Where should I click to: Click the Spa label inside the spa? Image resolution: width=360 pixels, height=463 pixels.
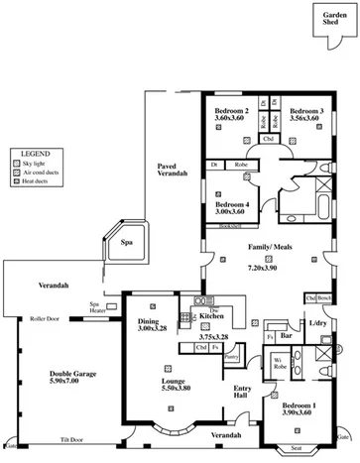[x=127, y=241]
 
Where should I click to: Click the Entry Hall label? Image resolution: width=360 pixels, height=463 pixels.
[x=242, y=391]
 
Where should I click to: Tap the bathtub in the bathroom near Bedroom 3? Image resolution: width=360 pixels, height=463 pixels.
[x=296, y=209]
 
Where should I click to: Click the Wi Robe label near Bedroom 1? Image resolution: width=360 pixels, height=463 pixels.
[x=280, y=362]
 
